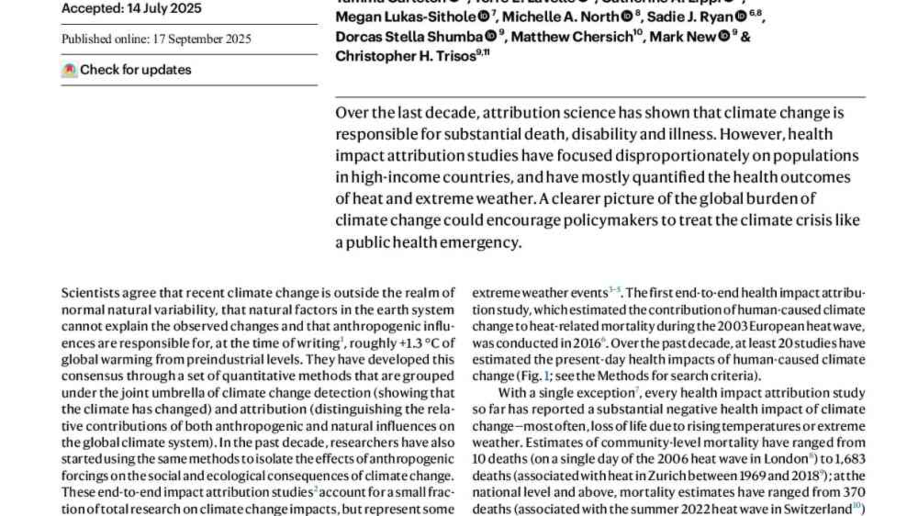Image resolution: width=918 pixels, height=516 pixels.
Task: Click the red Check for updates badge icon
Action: click(69, 70)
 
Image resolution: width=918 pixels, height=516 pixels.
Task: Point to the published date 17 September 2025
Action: click(202, 39)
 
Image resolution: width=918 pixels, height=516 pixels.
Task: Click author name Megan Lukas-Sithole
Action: click(406, 17)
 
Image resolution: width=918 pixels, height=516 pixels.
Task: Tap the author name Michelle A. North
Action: click(560, 17)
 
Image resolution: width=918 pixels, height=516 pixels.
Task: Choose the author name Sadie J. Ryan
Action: click(690, 17)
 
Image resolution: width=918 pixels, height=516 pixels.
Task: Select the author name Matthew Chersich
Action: click(572, 37)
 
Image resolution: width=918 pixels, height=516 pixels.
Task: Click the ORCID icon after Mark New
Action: click(724, 36)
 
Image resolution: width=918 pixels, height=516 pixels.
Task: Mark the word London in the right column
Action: click(785, 459)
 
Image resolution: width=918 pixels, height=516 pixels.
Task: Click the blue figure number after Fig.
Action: click(546, 376)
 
